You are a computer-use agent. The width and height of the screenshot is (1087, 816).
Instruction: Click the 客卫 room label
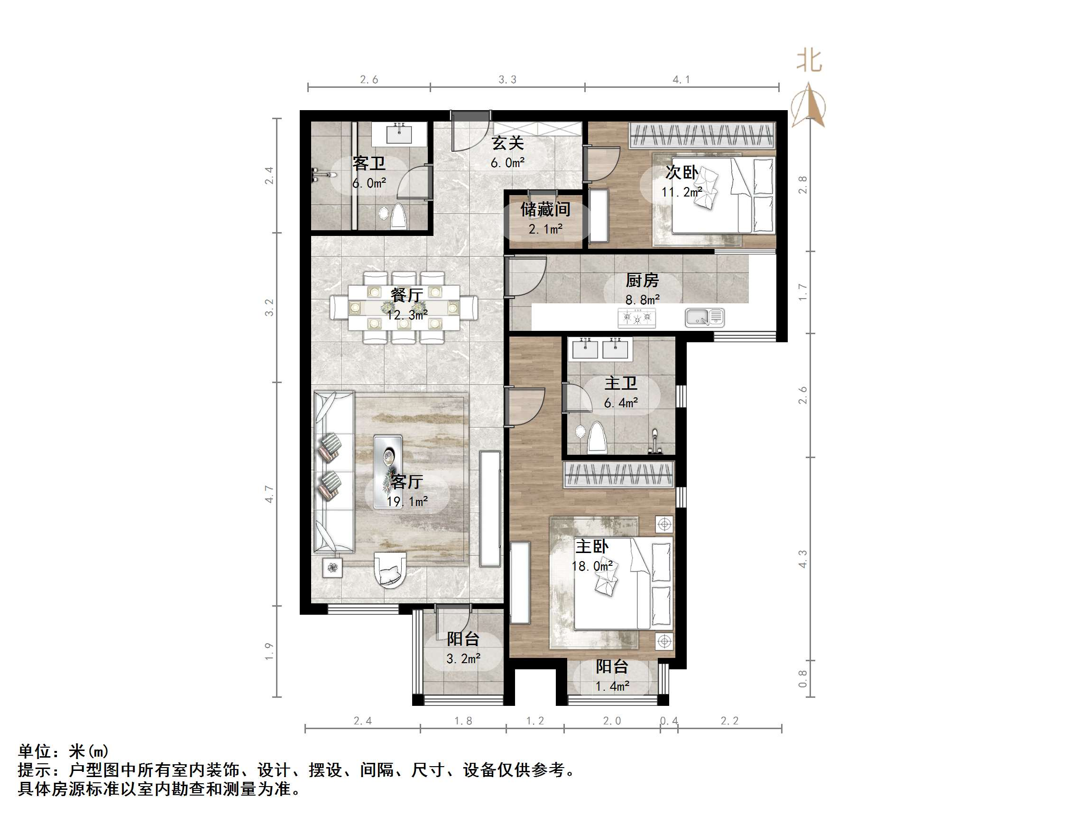pyautogui.click(x=368, y=163)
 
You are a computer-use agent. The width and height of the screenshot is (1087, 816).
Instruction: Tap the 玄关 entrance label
pyautogui.click(x=507, y=143)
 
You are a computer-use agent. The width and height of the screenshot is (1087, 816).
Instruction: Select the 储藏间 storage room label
pyautogui.click(x=545, y=209)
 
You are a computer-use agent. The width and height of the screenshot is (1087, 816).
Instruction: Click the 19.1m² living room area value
pyautogui.click(x=407, y=502)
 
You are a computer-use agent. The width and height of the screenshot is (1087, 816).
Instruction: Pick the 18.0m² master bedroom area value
pyautogui.click(x=592, y=566)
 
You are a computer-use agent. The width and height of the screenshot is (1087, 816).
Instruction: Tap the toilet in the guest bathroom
pyautogui.click(x=398, y=217)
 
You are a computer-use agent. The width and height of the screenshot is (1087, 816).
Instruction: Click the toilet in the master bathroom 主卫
pyautogui.click(x=597, y=437)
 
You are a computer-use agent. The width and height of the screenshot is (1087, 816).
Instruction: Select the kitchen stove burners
pyautogui.click(x=636, y=317)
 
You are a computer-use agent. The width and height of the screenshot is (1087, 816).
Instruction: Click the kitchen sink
pyautogui.click(x=705, y=317)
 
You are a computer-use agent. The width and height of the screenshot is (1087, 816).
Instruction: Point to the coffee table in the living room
pyautogui.click(x=388, y=471)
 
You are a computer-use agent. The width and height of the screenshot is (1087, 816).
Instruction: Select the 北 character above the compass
pyautogui.click(x=809, y=61)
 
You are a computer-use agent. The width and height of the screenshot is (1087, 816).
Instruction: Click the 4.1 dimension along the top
pyautogui.click(x=681, y=80)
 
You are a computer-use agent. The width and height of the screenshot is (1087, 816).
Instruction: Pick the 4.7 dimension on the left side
pyautogui.click(x=269, y=494)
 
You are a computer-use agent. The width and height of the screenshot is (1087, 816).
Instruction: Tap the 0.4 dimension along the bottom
pyautogui.click(x=669, y=721)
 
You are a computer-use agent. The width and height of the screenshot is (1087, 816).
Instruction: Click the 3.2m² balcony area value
pyautogui.click(x=463, y=658)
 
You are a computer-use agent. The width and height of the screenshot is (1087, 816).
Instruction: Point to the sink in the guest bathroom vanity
pyautogui.click(x=398, y=134)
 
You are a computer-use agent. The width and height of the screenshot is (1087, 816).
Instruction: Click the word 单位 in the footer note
pyautogui.click(x=35, y=751)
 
